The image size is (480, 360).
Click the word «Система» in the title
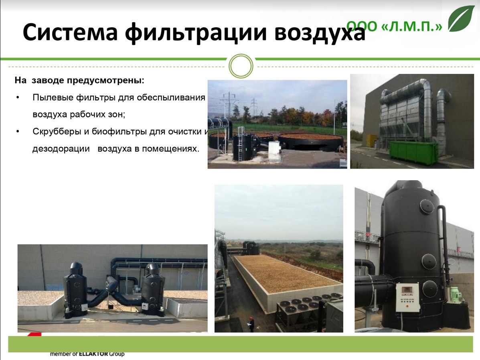(70, 32)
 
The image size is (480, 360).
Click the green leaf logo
(461, 18)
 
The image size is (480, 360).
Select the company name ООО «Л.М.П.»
(394, 26)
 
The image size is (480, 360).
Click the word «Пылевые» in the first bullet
(53, 98)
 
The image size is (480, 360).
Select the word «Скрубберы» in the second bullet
(57, 132)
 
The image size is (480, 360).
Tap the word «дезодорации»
(61, 149)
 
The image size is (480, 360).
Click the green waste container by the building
(413, 153)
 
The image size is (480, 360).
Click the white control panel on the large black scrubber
(407, 297)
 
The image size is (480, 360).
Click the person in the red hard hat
(251, 324)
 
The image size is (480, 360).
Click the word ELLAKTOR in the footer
(93, 354)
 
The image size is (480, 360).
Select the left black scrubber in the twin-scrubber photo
(75, 289)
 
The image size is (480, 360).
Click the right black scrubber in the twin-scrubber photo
(153, 290)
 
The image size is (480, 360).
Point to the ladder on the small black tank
(241, 144)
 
